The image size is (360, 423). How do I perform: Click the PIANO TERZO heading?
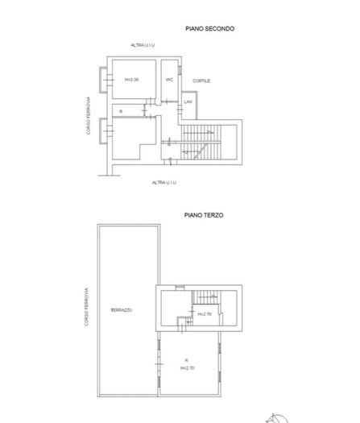tap(203, 215)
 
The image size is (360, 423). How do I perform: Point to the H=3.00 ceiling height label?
tap(132, 80)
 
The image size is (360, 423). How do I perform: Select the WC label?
tap(170, 80)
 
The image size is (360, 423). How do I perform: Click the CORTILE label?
tap(201, 81)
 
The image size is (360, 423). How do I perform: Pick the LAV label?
tap(188, 102)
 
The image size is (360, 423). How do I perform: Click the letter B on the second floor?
tap(120, 110)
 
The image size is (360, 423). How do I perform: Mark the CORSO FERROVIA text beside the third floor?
tap(85, 307)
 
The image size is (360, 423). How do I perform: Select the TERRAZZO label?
tap(122, 310)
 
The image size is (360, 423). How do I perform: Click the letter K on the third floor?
tap(186, 360)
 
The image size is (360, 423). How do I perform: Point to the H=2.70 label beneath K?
tap(188, 368)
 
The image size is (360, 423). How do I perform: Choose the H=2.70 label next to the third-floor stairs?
tap(204, 314)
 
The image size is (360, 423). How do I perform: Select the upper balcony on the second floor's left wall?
tap(104, 79)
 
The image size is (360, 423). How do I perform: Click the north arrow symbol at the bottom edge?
tap(274, 417)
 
